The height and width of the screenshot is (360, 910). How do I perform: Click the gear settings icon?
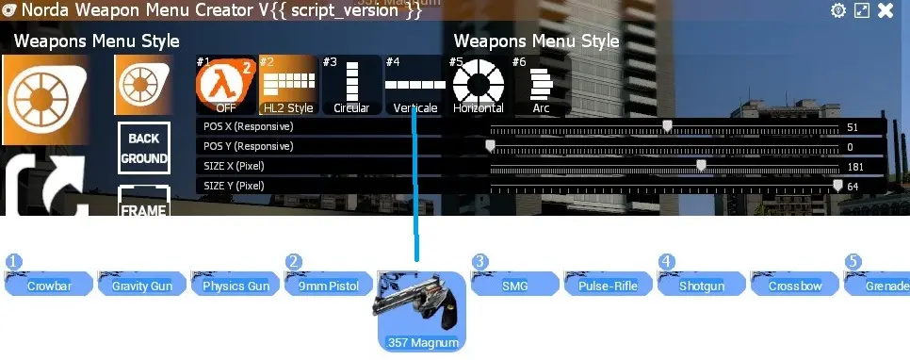(x=838, y=11)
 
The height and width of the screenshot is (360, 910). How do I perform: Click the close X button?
(x=886, y=11)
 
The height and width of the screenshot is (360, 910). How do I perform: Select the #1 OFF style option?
(x=225, y=85)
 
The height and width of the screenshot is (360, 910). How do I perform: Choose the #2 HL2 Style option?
(x=286, y=85)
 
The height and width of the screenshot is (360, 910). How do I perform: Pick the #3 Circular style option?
(x=351, y=85)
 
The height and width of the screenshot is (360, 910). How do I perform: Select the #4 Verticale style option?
(x=414, y=85)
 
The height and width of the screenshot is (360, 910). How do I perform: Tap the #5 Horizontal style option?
(x=479, y=85)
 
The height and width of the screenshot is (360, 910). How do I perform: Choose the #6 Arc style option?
(x=541, y=85)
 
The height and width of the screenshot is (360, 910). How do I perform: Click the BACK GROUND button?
(x=144, y=149)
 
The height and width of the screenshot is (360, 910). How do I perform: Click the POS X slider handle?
(x=667, y=126)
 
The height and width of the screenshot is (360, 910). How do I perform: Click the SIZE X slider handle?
(x=701, y=166)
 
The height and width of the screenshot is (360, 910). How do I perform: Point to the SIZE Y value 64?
(x=853, y=187)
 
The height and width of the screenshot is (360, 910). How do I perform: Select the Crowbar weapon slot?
(x=50, y=285)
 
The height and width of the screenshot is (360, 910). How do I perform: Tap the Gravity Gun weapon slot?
(x=141, y=285)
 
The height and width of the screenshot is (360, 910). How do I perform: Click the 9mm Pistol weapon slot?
(x=330, y=285)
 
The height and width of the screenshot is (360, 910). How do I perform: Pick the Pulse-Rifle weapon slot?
(x=608, y=285)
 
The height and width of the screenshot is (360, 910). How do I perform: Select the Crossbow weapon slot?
(x=795, y=285)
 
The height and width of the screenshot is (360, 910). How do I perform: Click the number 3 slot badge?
(x=480, y=261)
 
